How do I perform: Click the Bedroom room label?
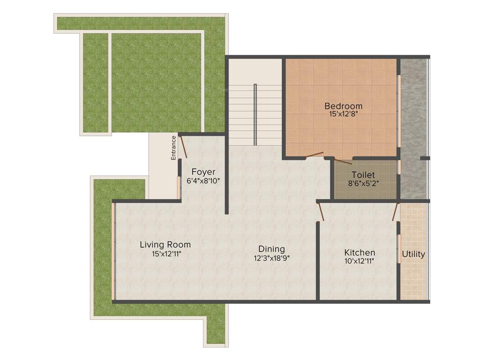(343, 106)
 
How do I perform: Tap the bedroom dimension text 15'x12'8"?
(343, 113)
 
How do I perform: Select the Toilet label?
(363, 175)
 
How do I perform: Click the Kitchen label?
(360, 253)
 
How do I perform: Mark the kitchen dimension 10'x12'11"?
(359, 261)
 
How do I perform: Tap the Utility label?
(413, 254)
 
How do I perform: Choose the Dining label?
(272, 249)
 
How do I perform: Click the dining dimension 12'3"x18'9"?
(272, 257)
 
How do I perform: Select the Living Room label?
(165, 245)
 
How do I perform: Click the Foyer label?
(203, 172)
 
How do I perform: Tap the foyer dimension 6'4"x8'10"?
(203, 180)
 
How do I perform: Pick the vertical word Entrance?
(173, 148)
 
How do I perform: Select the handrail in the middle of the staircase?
(255, 114)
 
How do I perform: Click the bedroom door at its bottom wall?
(314, 155)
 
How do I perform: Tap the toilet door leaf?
(343, 161)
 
